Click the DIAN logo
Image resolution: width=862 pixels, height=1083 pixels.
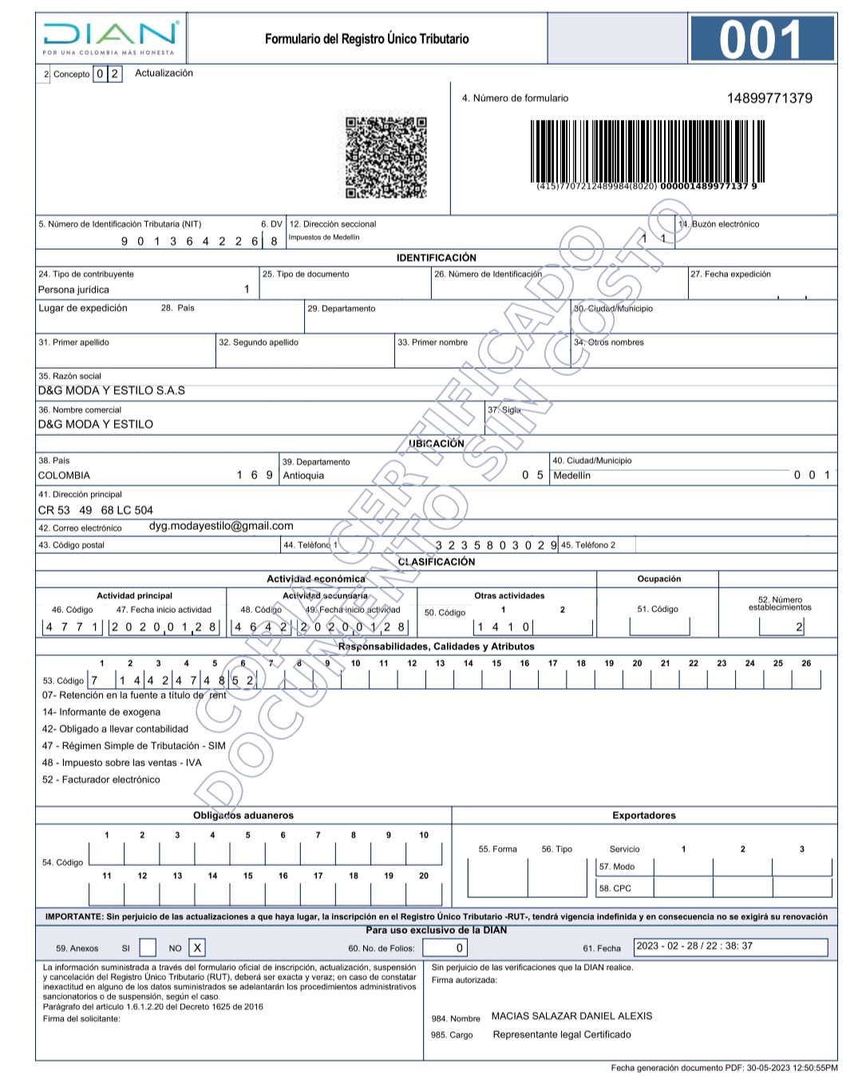[110, 38]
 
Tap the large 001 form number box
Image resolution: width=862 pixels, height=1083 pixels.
[761, 40]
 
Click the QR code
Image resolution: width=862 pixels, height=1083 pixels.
[386, 157]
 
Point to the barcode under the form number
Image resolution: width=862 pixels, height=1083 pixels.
[647, 151]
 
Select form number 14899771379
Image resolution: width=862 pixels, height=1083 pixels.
[769, 98]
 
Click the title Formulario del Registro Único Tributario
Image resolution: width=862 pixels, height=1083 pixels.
[366, 38]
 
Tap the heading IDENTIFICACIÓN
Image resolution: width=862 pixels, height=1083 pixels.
[436, 258]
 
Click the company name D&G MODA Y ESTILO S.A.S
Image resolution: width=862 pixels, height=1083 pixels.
[112, 390]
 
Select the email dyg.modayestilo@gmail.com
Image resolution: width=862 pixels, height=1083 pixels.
[221, 526]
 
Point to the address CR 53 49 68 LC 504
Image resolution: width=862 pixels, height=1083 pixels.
[96, 510]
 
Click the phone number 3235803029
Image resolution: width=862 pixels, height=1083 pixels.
[496, 545]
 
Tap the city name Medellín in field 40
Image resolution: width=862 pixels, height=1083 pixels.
[572, 476]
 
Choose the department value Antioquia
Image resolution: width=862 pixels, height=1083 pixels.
[303, 476]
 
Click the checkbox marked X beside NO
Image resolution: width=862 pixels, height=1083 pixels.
[197, 947]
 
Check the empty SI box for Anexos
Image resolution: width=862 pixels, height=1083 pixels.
[148, 947]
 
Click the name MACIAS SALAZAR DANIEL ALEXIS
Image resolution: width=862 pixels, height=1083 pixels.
[571, 1016]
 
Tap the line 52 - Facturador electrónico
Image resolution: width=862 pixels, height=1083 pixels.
[101, 780]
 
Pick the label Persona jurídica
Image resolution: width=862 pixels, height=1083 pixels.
[73, 290]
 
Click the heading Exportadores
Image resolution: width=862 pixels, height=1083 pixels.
[643, 816]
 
